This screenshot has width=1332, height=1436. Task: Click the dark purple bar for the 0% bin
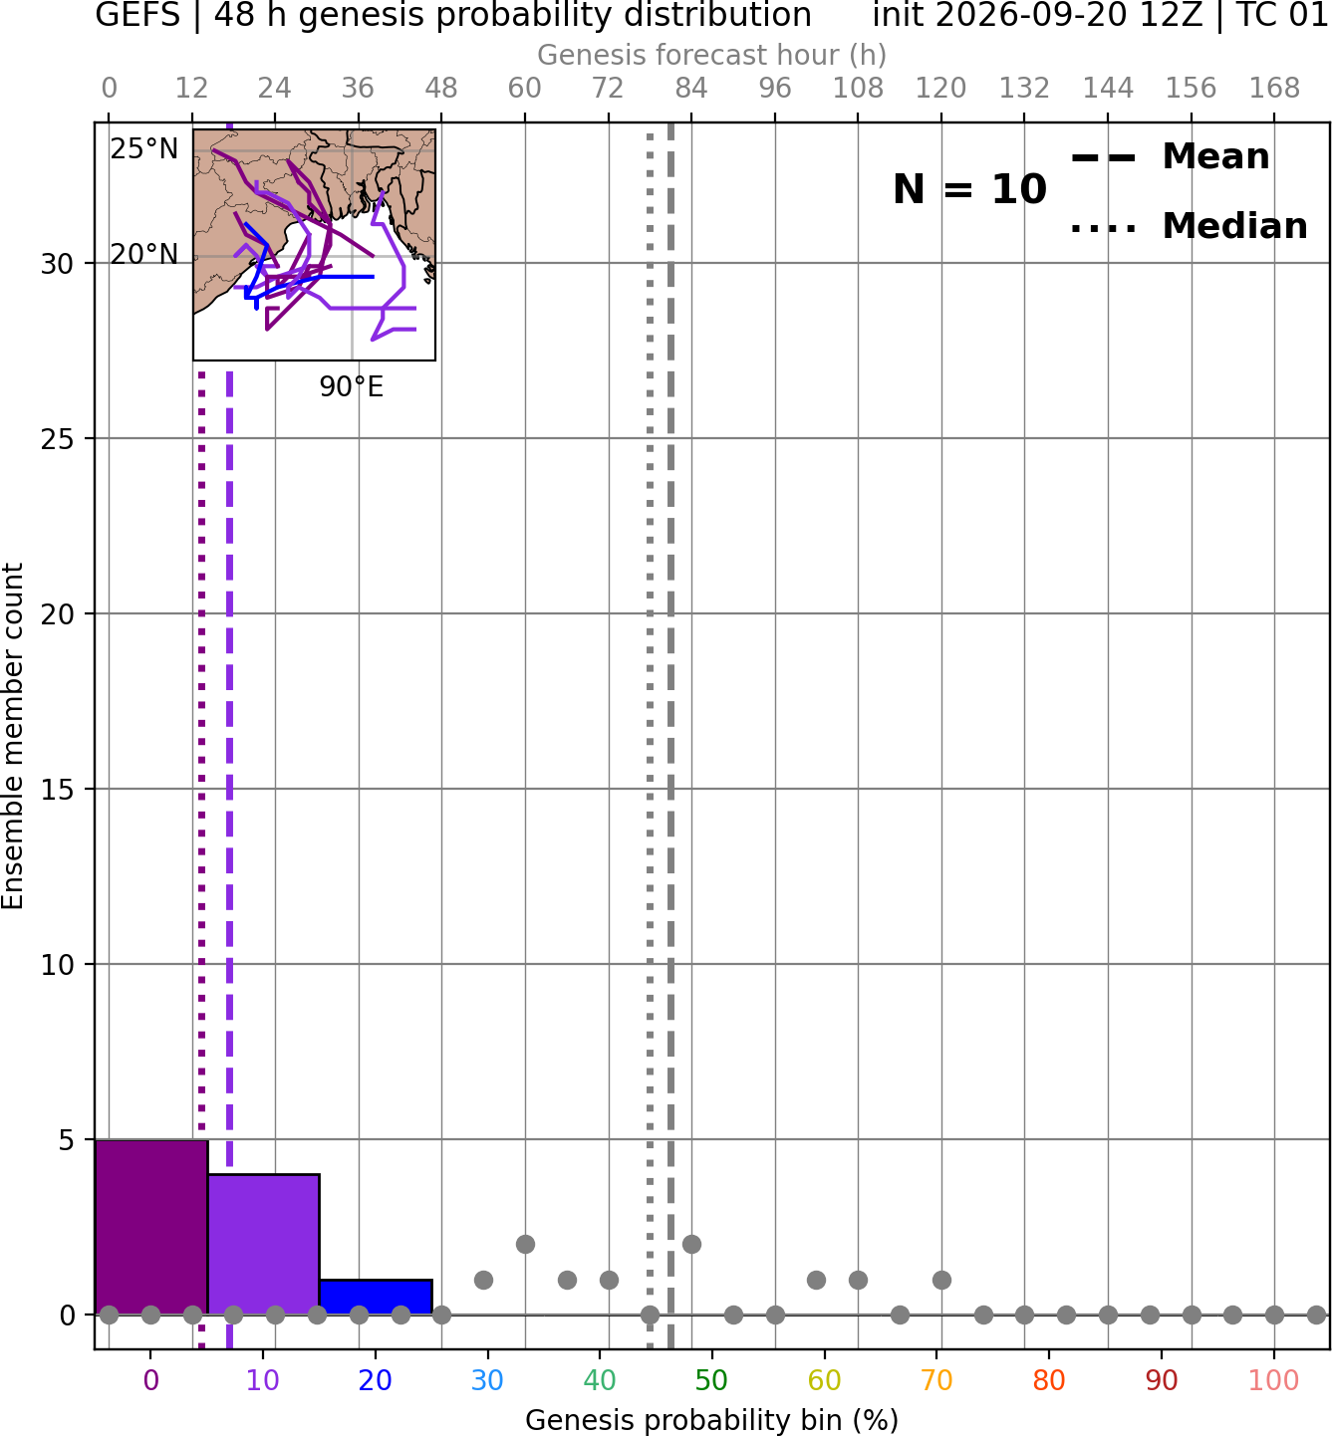pos(151,1226)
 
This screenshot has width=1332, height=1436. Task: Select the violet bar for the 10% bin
pos(263,1244)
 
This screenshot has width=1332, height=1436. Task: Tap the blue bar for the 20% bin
pos(376,1297)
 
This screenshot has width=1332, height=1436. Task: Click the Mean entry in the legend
pos(1170,157)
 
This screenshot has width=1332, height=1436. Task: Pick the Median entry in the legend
pos(1189,227)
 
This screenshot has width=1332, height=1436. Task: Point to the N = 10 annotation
pos(969,189)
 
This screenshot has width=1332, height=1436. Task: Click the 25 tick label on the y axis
pos(58,439)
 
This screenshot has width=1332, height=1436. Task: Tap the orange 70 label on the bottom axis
pos(936,1380)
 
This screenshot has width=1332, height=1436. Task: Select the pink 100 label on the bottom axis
pos(1273,1380)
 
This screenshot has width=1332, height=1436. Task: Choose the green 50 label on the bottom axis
pos(711,1380)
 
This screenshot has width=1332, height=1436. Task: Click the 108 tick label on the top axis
pos(858,89)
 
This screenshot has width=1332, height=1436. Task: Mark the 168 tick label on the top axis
pos(1274,89)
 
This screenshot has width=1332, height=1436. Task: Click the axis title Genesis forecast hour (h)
pos(712,55)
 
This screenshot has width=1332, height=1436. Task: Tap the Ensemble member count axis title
pos(13,737)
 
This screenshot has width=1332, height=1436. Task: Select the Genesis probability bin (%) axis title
pos(712,1420)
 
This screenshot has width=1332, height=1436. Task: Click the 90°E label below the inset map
pos(352,387)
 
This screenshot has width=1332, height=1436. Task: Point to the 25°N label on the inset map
pos(144,149)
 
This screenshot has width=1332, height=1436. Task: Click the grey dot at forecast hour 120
pos(941,1281)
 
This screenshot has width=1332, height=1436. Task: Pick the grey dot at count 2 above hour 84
pos(691,1245)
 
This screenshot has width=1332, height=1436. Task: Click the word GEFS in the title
pos(137,15)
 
